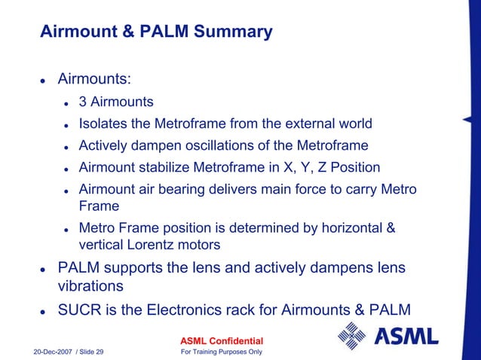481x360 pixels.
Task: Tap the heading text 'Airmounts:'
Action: click(x=90, y=79)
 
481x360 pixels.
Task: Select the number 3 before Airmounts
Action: click(x=83, y=102)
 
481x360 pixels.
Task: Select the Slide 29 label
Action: click(x=90, y=352)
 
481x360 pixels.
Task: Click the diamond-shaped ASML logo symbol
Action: click(x=351, y=335)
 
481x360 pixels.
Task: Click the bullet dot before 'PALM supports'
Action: click(x=44, y=269)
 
